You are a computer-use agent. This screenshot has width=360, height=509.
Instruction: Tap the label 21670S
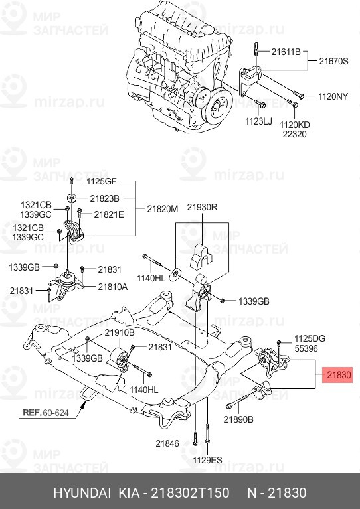(333, 60)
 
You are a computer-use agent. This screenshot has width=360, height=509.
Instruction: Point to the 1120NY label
(333, 96)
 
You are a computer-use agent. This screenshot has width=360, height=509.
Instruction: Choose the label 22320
(296, 133)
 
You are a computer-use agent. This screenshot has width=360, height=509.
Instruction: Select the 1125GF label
(102, 181)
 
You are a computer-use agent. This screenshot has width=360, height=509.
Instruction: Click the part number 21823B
(104, 198)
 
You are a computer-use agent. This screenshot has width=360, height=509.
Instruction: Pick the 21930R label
(202, 208)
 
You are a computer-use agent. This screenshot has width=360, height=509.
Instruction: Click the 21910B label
(119, 332)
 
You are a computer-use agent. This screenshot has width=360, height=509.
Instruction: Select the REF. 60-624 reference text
(46, 412)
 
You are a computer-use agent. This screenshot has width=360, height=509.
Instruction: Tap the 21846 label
(168, 443)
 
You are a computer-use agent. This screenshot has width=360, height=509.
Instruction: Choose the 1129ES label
(208, 459)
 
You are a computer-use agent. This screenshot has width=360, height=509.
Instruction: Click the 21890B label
(239, 419)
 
